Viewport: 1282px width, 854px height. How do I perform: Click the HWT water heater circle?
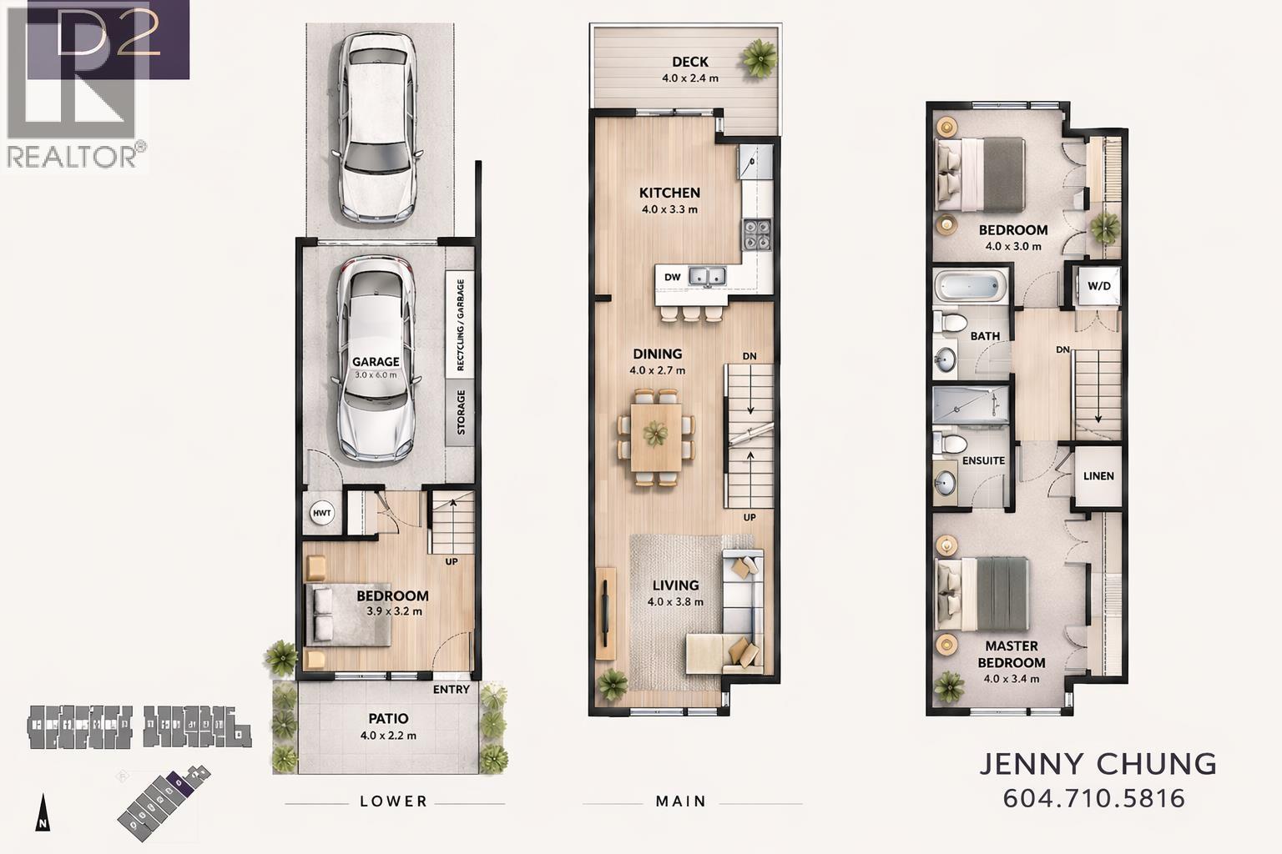tap(322, 514)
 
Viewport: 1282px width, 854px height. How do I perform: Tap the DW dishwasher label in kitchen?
tap(672, 278)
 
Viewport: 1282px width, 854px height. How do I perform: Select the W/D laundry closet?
tap(1099, 286)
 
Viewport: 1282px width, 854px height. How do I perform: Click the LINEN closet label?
tap(1098, 476)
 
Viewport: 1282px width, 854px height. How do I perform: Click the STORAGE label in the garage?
tap(461, 413)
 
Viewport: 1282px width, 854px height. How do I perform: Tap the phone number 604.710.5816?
tap(1094, 798)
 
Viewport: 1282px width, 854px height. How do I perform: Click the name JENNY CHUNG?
tap(1098, 763)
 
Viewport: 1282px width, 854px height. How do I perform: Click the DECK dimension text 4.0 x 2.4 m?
tap(689, 78)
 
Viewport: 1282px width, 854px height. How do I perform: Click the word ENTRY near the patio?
tap(452, 690)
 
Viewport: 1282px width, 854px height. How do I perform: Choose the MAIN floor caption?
tap(681, 801)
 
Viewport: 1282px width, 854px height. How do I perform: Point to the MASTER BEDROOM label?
tap(1012, 654)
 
